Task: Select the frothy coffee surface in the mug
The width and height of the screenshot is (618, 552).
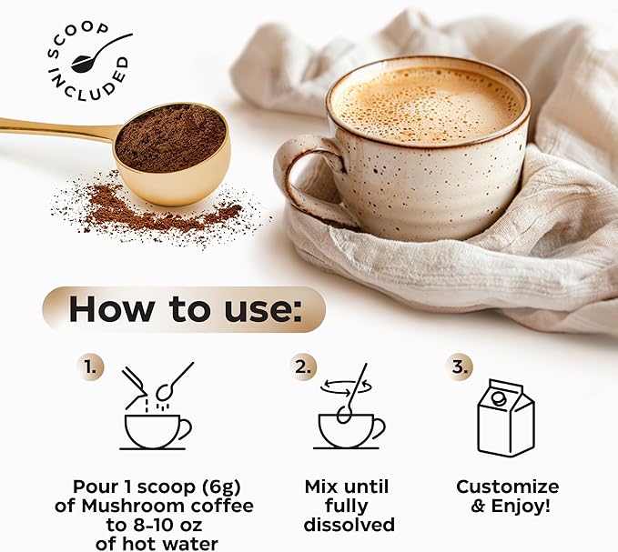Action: click(426, 102)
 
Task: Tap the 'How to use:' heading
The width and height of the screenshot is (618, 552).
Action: click(183, 309)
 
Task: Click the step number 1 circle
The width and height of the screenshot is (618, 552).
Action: click(90, 367)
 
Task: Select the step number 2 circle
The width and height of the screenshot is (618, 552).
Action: click(304, 367)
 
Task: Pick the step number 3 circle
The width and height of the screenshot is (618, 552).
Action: click(461, 367)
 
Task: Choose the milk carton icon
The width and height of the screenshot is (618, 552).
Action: click(506, 417)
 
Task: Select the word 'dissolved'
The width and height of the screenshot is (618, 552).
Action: click(350, 525)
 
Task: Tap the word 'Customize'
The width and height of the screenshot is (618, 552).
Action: click(507, 487)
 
